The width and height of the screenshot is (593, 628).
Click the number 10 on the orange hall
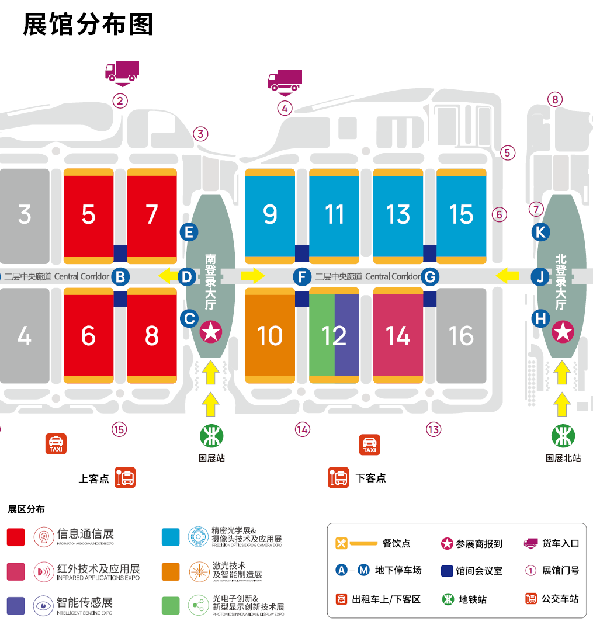pos(270,336)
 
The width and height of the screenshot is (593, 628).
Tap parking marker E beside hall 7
pos(189,232)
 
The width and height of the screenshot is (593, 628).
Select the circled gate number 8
pos(555,99)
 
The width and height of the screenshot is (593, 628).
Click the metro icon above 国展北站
pos(563,436)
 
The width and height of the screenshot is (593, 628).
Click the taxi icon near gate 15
pos(56,444)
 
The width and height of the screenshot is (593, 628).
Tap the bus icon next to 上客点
pos(125,478)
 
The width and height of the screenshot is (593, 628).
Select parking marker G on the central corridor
pos(430,276)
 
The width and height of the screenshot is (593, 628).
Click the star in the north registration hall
pos(563,332)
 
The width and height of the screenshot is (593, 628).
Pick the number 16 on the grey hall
pos(461,336)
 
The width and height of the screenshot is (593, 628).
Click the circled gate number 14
pos(302,430)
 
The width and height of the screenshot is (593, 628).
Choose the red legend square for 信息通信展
pos(16,537)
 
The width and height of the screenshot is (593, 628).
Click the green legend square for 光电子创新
pos(171,605)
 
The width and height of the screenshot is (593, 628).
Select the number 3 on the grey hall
pos(24,214)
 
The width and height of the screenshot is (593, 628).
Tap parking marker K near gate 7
pos(540,232)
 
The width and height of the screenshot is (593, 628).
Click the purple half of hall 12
pos(347,335)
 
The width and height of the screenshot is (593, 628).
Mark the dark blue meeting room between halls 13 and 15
pos(429,253)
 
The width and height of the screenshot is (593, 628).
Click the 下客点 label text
pos(370,478)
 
